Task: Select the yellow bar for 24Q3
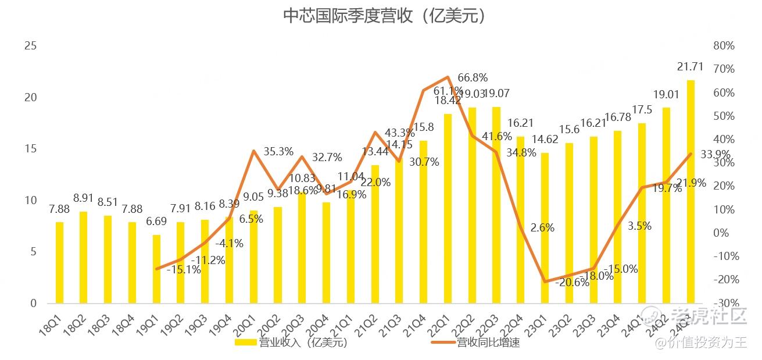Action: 691,192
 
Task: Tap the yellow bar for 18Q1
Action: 59,263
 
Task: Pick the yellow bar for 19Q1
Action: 156,269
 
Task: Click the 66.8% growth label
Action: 473,78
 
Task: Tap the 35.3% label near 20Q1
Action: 278,152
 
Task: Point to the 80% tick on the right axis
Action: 724,46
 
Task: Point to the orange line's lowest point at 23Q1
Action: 545,281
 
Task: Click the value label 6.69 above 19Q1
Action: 156,222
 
